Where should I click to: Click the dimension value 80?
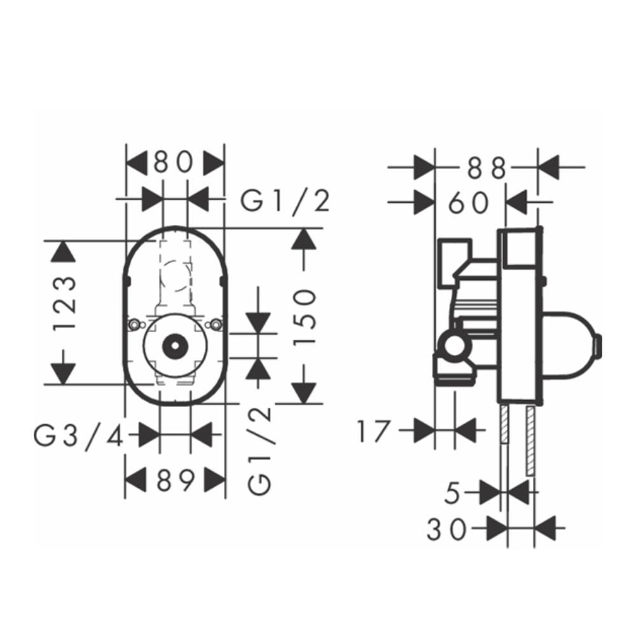coord(172,163)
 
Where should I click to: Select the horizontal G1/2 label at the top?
coord(286,202)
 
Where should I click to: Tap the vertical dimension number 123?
coord(66,303)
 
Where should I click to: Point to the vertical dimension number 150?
coord(305,315)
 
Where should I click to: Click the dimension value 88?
coord(487,168)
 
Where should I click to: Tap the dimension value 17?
coord(373,431)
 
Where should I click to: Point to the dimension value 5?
coord(452,493)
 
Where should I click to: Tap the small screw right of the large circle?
coord(218,325)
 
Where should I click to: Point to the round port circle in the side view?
coord(454,347)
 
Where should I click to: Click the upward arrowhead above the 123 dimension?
coord(63,252)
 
